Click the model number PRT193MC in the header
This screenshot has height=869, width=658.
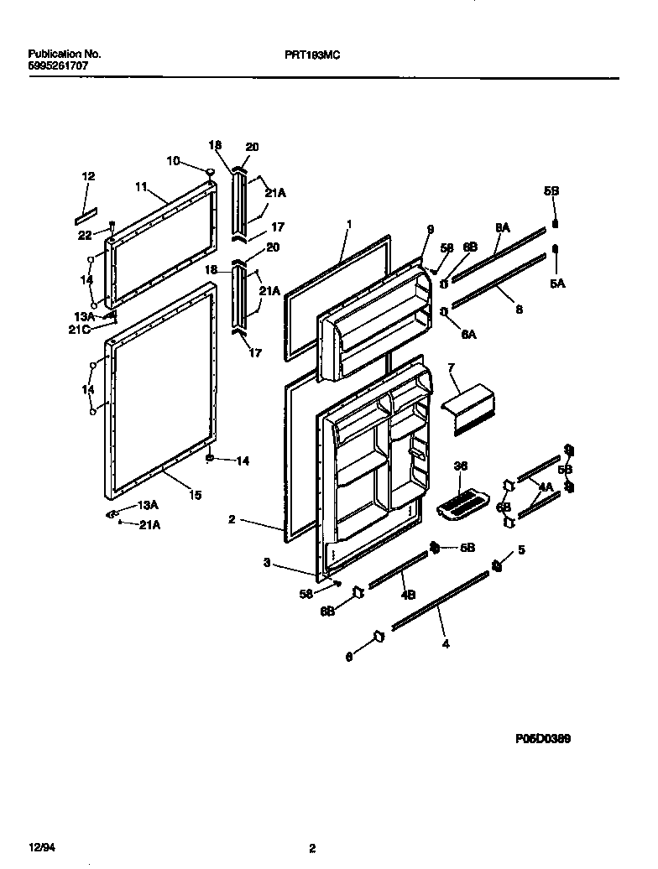tap(312, 54)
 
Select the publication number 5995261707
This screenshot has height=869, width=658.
tap(56, 65)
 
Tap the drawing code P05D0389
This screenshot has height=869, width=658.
tap(545, 739)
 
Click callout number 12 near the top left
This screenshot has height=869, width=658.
tap(88, 177)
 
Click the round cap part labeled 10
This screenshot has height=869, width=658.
tap(209, 173)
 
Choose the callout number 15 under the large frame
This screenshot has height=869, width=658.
tap(195, 496)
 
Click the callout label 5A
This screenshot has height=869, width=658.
tap(557, 284)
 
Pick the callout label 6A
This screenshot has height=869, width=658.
tap(469, 334)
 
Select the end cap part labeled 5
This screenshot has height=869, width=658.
tap(497, 567)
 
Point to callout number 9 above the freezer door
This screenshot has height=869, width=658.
tap(431, 229)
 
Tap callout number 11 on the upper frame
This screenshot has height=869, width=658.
tap(140, 187)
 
